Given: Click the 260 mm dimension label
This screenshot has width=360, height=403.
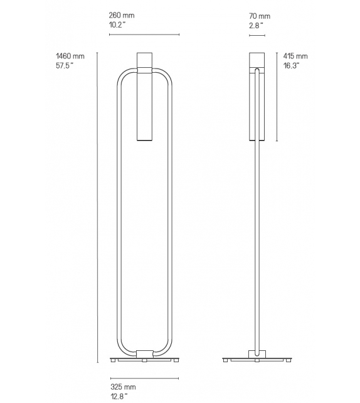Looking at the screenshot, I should click(122, 15).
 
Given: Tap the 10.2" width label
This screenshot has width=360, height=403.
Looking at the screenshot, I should click(118, 25).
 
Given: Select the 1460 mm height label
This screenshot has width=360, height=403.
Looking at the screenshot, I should click(70, 56).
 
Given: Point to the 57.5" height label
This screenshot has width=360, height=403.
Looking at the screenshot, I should click(66, 66).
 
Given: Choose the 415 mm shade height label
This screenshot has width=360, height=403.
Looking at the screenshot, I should click(295, 56).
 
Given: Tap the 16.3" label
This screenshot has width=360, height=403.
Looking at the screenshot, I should click(291, 66).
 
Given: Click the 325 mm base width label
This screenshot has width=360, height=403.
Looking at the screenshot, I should click(122, 387).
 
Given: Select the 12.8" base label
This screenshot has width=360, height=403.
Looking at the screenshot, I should click(119, 397).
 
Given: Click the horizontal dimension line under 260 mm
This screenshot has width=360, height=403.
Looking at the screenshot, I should click(144, 35).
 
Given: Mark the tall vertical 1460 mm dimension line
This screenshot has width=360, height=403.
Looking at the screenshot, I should click(97, 207).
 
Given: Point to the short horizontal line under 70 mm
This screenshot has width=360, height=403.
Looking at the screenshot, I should click(257, 35).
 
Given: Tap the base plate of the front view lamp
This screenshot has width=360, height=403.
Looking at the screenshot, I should click(144, 360).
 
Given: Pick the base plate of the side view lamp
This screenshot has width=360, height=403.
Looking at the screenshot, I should click(257, 360).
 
